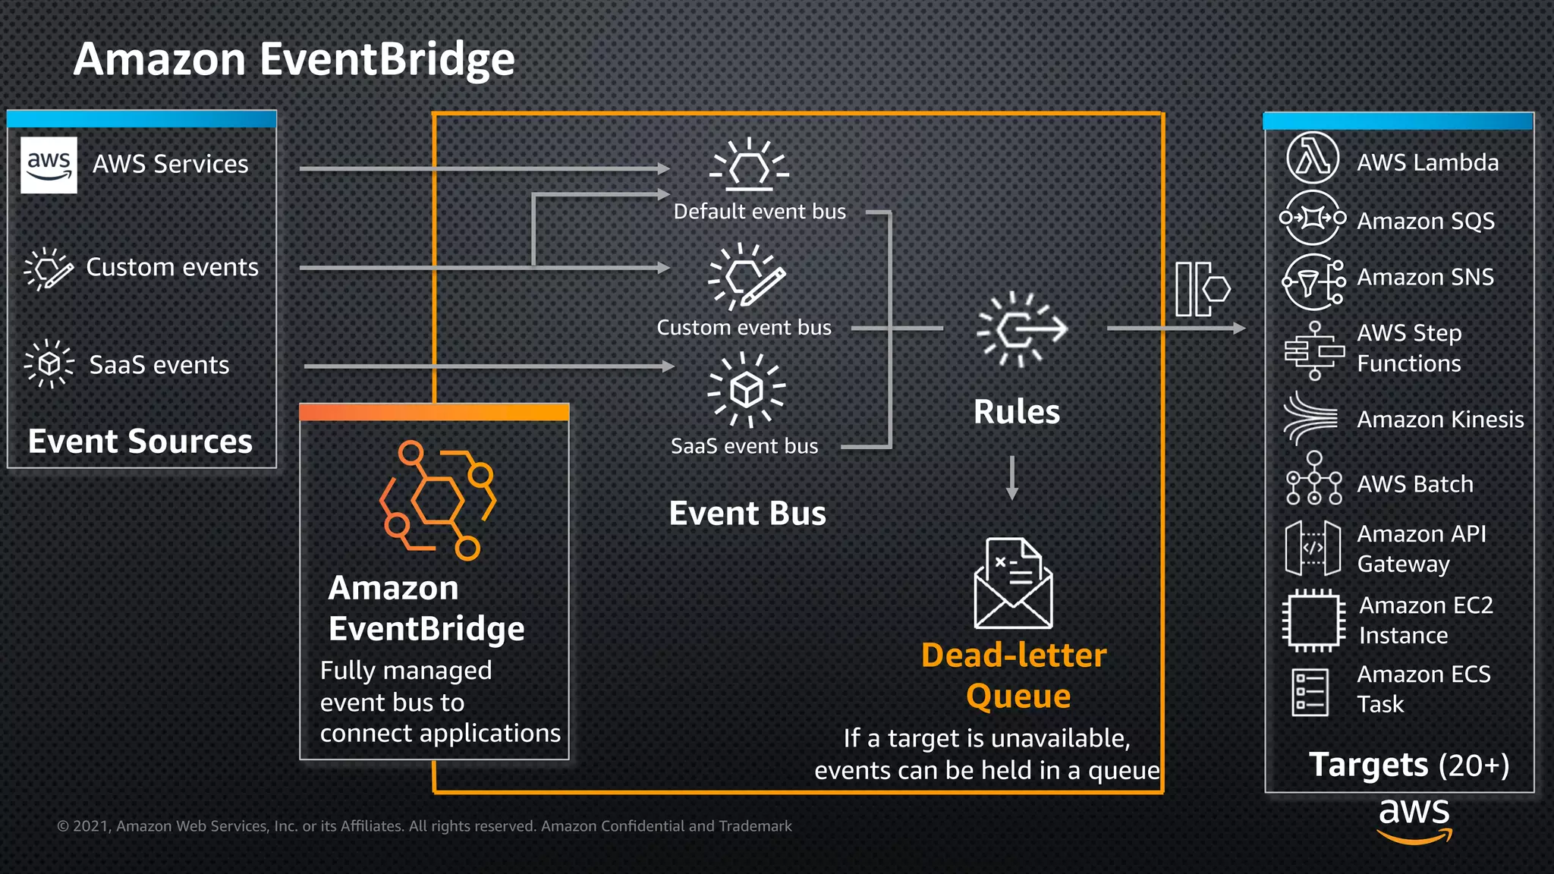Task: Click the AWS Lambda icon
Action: tap(1312, 159)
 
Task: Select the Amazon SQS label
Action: tap(1425, 221)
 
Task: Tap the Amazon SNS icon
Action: tap(1313, 281)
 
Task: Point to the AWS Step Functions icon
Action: tap(1314, 351)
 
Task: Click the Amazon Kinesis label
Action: tap(1439, 420)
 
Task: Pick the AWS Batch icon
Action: tap(1314, 479)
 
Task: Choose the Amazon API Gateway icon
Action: tap(1313, 548)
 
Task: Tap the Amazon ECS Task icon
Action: tap(1310, 692)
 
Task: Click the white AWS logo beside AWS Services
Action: tap(49, 165)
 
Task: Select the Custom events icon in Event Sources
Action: tap(49, 269)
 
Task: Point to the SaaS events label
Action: tap(159, 365)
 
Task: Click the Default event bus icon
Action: tap(749, 165)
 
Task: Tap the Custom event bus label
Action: tap(744, 328)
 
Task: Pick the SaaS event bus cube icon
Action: tap(747, 389)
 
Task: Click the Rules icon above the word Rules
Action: tap(1021, 329)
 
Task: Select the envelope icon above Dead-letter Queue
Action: tap(1013, 583)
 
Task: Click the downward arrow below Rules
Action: tap(1012, 478)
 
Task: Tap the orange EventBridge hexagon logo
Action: tap(437, 500)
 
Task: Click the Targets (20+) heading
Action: tap(1408, 765)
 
